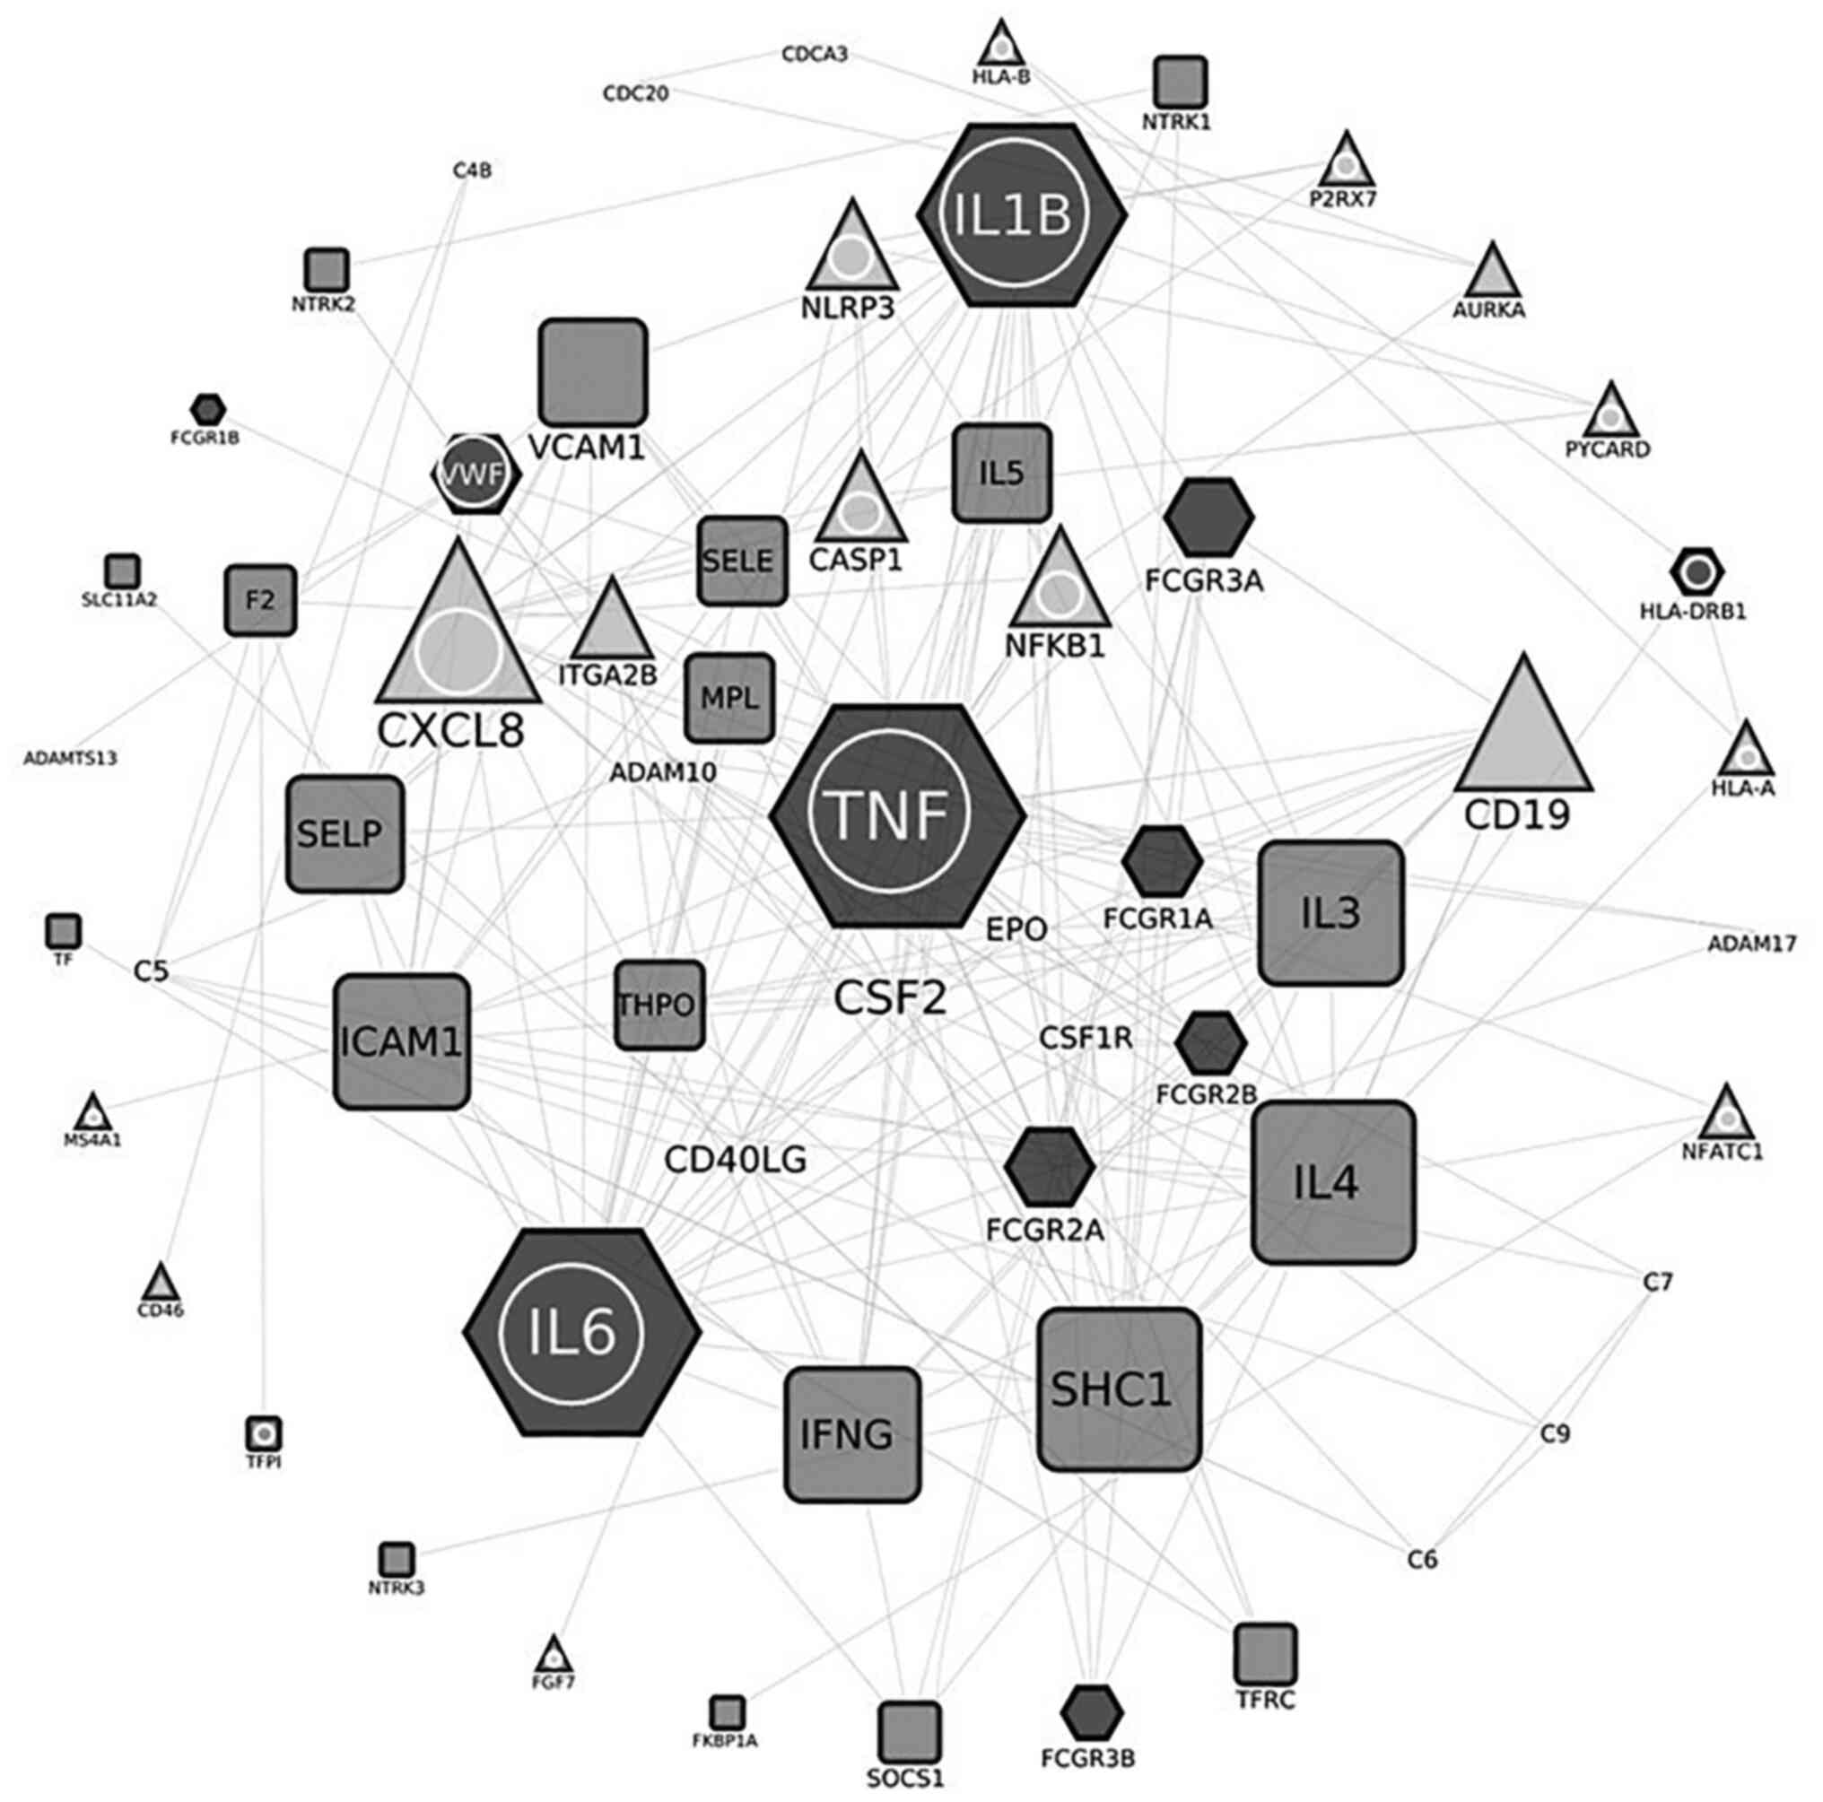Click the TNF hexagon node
coord(897,815)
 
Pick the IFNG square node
coord(851,1433)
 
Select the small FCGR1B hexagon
coord(207,409)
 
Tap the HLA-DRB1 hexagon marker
coord(1697,571)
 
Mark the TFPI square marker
coord(264,1434)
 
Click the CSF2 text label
coord(890,997)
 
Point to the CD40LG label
coord(736,1160)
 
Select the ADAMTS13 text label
coord(71,758)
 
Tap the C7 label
coord(1658,1281)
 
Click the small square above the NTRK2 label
coord(327,270)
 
